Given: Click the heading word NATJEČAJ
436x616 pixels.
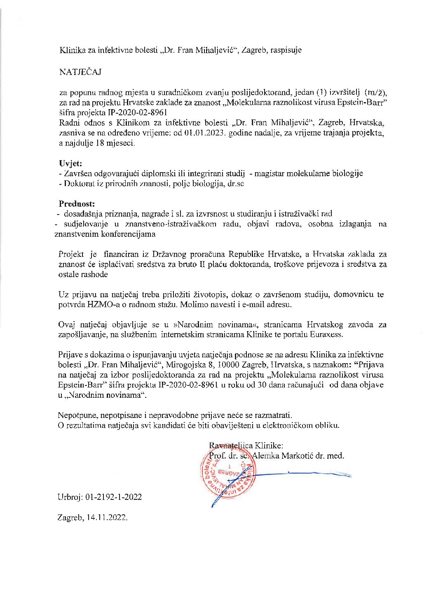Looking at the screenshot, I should [80, 72].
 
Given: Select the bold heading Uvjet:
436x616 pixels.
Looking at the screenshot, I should [70, 163].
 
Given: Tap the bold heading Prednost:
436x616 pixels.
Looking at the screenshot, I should [77, 203].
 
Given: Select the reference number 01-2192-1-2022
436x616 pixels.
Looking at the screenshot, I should [114, 497].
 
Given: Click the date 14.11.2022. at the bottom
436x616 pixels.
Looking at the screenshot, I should [107, 518].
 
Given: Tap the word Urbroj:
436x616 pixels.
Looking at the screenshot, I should [70, 497].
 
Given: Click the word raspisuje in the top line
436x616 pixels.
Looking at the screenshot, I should [286, 50].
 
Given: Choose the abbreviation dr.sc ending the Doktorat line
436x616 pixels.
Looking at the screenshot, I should [236, 184].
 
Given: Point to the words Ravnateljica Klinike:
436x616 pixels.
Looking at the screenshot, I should [246, 445].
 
